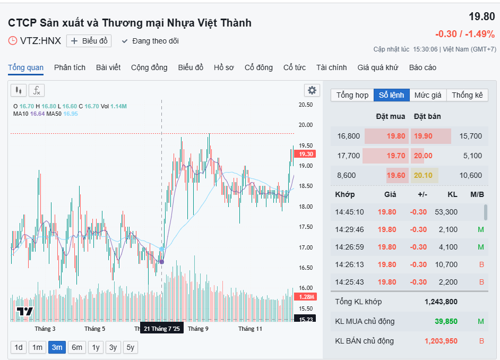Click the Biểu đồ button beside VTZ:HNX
89,41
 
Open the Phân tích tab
70,67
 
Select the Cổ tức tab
294,67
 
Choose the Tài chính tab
331,67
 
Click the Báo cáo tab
423,67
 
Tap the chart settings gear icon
312,90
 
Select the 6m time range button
77,347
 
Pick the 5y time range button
130,347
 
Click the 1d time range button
19,347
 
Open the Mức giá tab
428,95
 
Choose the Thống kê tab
467,95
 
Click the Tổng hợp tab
352,95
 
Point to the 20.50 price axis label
305,105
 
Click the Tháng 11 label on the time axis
250,329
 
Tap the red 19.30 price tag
306,154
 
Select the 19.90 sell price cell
423,136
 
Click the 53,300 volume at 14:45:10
445,212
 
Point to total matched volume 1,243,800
441,302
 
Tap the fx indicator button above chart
37,90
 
